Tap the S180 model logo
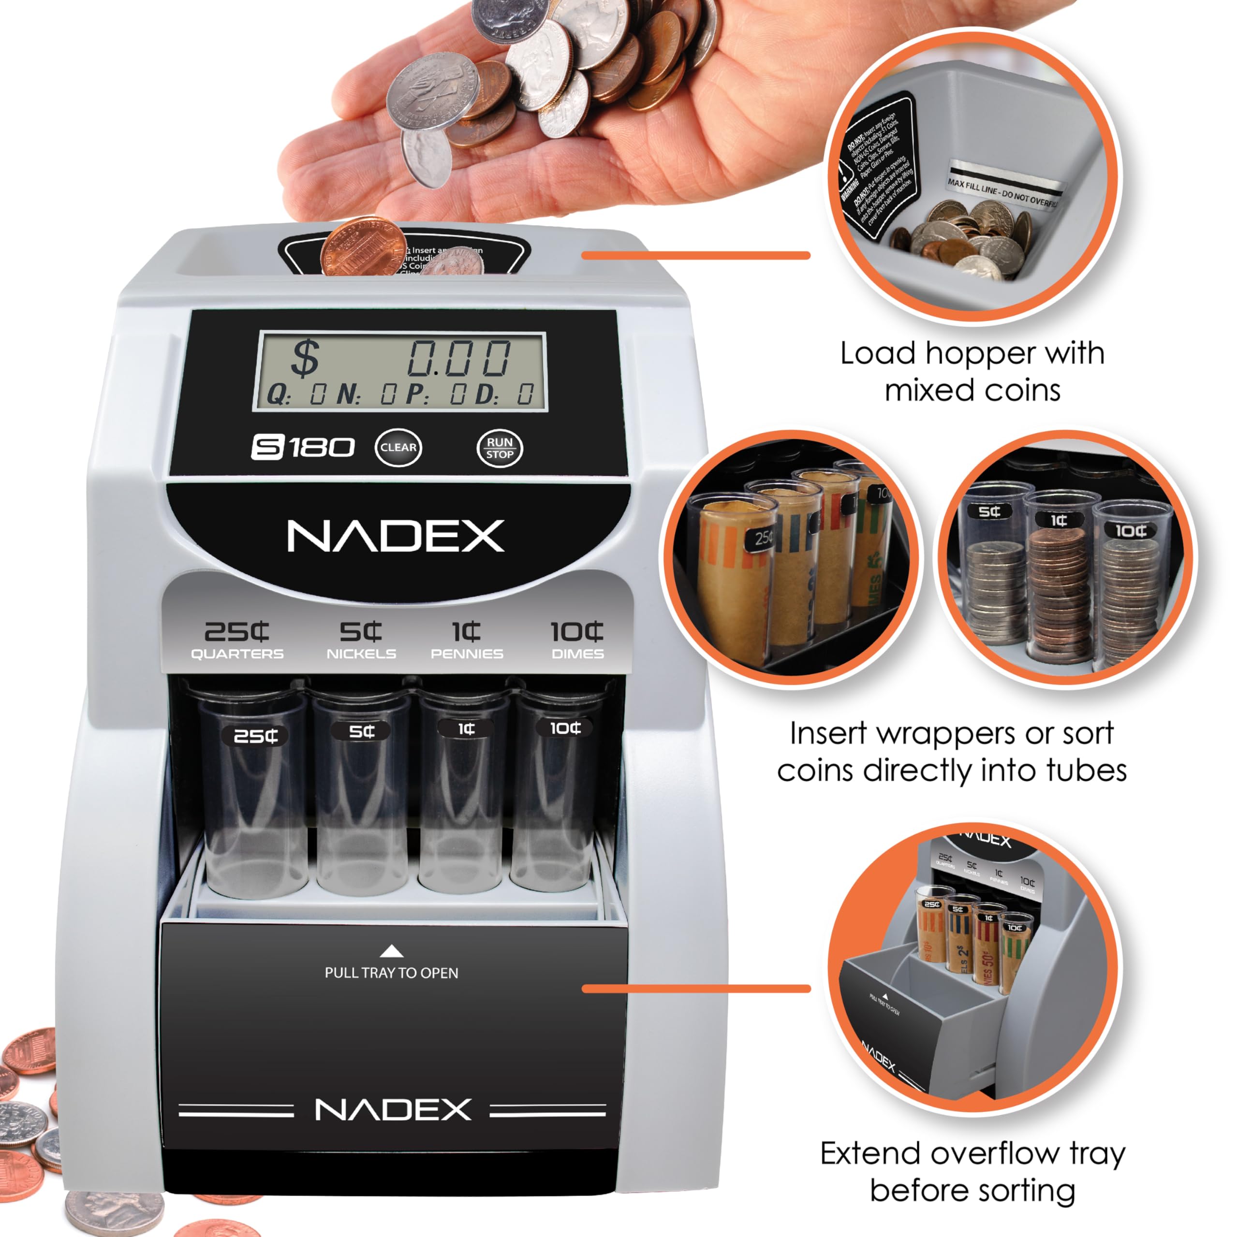coord(302,447)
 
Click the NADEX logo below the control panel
coord(396,536)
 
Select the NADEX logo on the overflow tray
coord(393,1109)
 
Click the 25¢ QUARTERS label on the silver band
coord(237,640)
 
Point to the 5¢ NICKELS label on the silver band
coord(361,640)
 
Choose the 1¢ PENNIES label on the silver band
coord(467,640)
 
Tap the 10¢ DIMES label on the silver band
coord(577,640)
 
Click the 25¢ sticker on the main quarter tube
coord(255,735)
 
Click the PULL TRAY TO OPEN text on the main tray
coord(392,973)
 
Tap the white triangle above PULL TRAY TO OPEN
coord(392,951)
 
